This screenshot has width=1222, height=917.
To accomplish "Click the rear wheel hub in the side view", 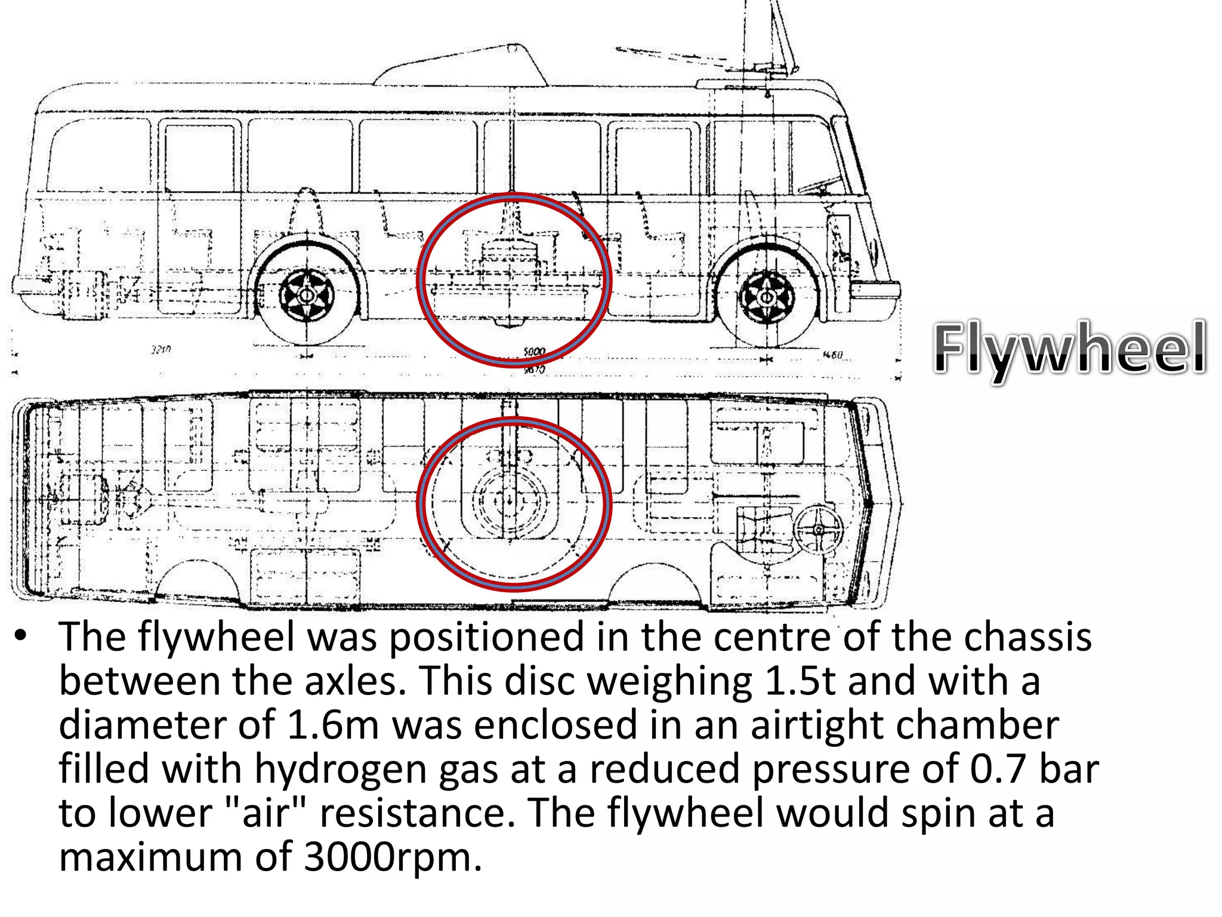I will [307, 295].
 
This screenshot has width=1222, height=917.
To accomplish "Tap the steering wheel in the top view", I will [818, 529].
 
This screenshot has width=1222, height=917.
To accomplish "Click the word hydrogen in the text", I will [341, 769].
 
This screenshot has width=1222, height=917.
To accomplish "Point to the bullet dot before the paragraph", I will [21, 636].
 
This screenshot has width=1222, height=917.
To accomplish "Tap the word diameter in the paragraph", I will [141, 725].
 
